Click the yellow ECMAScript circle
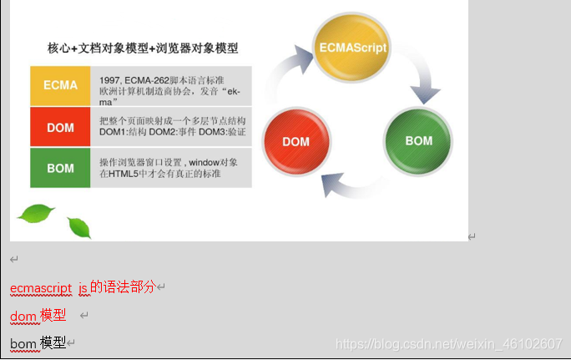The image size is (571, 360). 352,48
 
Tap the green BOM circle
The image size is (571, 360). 418,140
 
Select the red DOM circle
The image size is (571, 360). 296,141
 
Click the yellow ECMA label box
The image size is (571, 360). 60,86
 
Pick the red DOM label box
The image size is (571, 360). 60,127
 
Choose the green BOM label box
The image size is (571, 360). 60,168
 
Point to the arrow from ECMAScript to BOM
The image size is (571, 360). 423,80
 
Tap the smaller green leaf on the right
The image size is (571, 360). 78,226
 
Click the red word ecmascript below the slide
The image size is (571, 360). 41,287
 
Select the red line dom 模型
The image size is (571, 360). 38,316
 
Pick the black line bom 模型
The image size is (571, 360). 38,342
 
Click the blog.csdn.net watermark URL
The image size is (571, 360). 447,343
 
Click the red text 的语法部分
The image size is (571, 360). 123,287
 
